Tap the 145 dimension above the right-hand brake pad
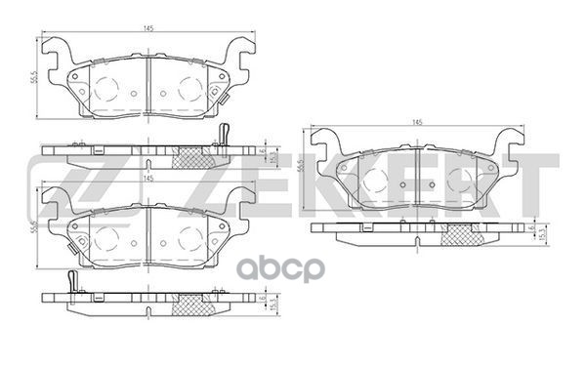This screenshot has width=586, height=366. [417, 122]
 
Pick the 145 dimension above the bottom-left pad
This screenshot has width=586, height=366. [146, 179]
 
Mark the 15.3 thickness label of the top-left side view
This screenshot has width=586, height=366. [274, 157]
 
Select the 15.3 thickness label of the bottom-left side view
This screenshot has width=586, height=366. [274, 305]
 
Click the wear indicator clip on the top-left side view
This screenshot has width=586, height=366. [223, 137]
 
